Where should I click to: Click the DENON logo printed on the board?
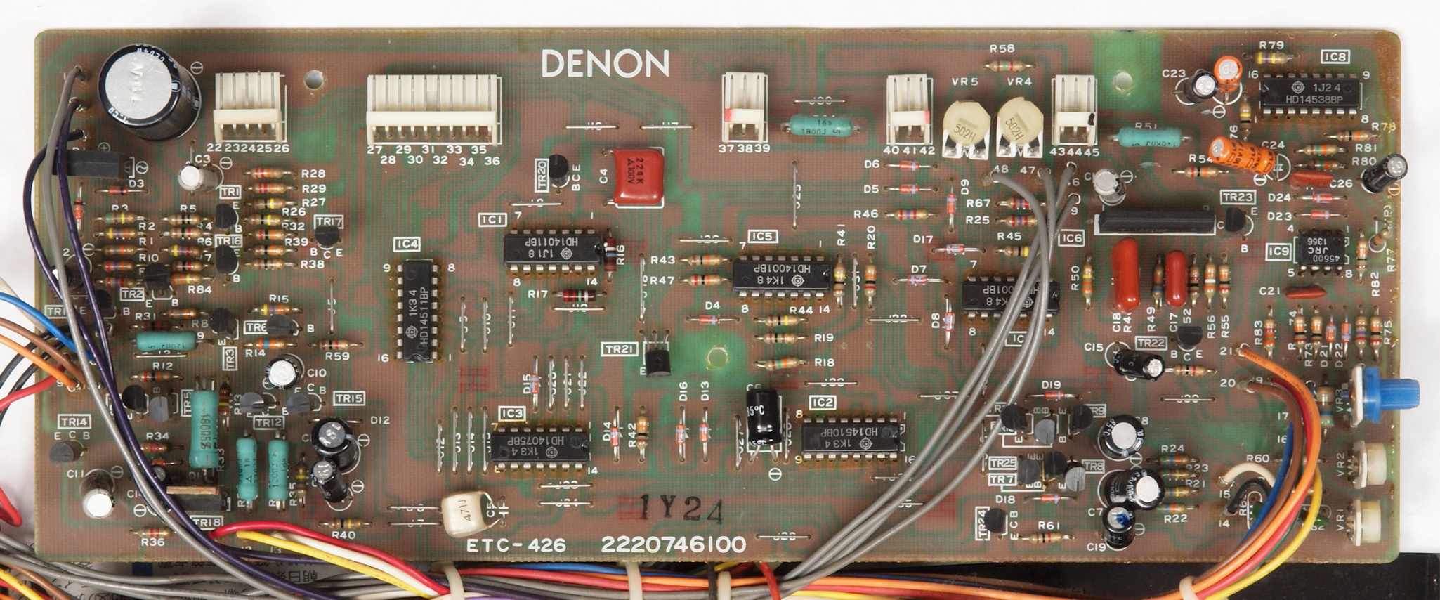[x=605, y=65]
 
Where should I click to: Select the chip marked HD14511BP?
[x=418, y=310]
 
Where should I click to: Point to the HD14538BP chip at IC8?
[x=1309, y=94]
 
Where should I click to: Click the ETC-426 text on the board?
[x=516, y=545]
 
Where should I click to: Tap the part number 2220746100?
[x=673, y=545]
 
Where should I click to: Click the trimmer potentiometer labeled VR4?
[x=1020, y=126]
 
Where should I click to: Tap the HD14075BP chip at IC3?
[x=539, y=445]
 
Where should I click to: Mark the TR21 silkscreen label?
[x=620, y=349]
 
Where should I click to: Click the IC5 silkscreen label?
[x=761, y=236]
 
